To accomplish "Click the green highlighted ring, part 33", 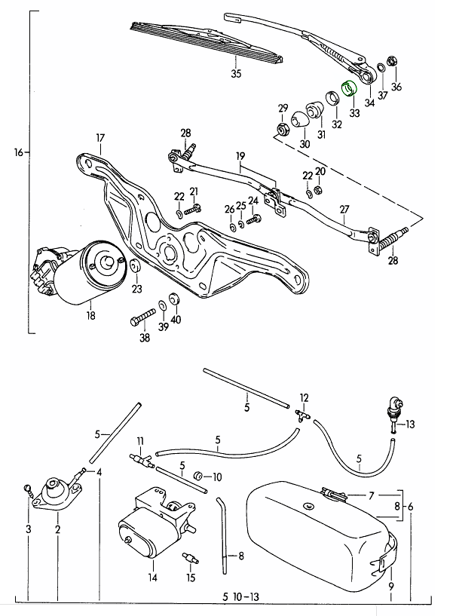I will pyautogui.click(x=348, y=88).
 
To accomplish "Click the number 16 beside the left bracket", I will pyautogui.click(x=19, y=152).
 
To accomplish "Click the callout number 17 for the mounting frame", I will pyautogui.click(x=99, y=137).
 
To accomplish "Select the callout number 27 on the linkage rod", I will pyautogui.click(x=344, y=209).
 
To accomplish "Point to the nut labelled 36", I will pyautogui.click(x=392, y=63).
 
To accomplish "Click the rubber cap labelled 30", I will pyautogui.click(x=301, y=118).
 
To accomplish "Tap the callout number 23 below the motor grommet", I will pyautogui.click(x=136, y=289).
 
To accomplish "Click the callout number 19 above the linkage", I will pyautogui.click(x=240, y=157).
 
